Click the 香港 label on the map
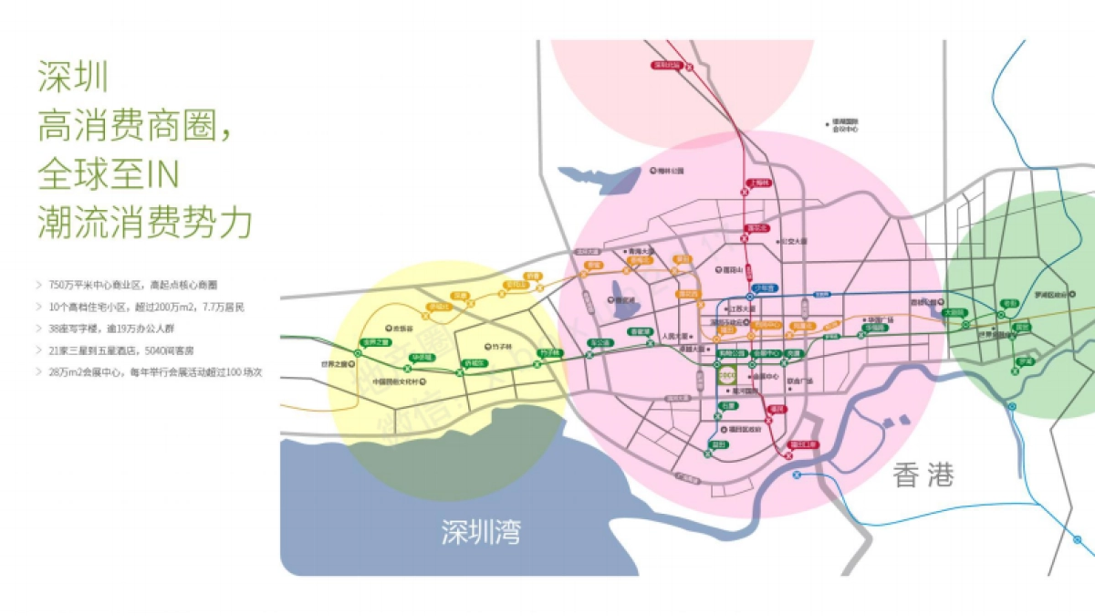(x=923, y=475)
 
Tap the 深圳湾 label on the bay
(x=481, y=532)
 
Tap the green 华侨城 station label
(x=422, y=357)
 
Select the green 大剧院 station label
(x=954, y=312)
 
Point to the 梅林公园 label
(x=670, y=171)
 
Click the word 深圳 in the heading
(x=73, y=77)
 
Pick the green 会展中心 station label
(x=765, y=353)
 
